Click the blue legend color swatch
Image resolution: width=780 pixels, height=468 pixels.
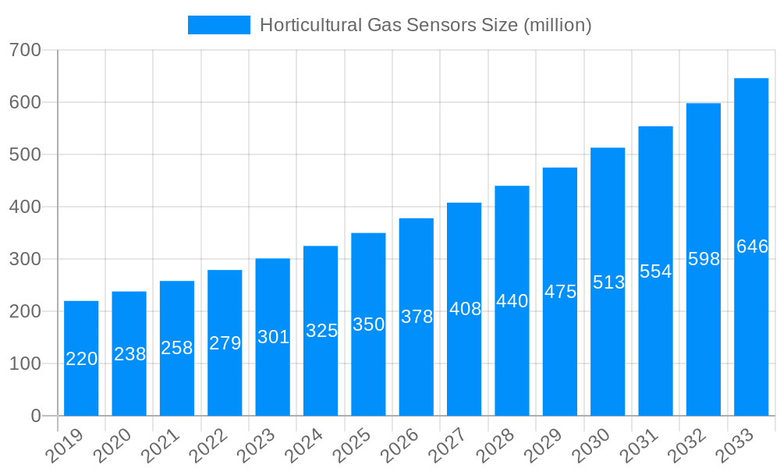pyautogui.click(x=219, y=25)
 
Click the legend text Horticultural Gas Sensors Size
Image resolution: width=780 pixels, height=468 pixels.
pyautogui.click(x=425, y=25)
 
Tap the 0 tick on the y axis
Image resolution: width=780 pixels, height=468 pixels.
pyautogui.click(x=36, y=416)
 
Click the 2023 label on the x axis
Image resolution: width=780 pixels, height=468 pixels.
pyautogui.click(x=257, y=445)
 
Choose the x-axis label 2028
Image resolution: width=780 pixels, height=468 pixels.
pyautogui.click(x=496, y=445)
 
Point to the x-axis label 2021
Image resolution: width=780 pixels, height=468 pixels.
pyautogui.click(x=161, y=445)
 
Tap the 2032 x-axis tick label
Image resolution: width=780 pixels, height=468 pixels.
pyautogui.click(x=687, y=445)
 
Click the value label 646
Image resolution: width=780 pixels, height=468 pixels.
pyautogui.click(x=752, y=246)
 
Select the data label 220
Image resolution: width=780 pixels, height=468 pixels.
pyautogui.click(x=81, y=359)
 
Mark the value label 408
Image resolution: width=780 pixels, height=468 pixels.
pyautogui.click(x=465, y=309)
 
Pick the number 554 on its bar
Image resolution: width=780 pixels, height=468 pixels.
pyautogui.click(x=655, y=271)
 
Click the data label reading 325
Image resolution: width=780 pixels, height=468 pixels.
pyautogui.click(x=321, y=331)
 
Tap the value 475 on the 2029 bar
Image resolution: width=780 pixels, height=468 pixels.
pyautogui.click(x=560, y=292)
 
